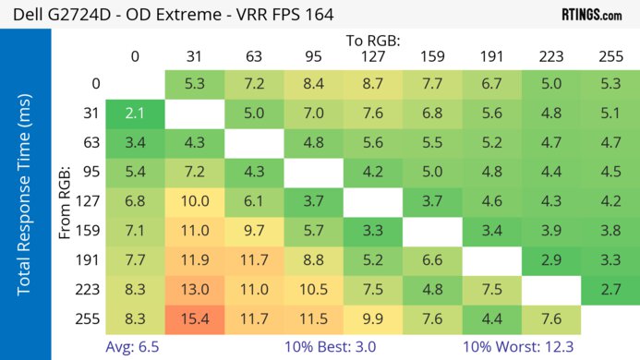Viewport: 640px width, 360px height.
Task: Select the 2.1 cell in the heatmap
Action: (135, 114)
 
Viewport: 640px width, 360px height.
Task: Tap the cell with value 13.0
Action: (195, 289)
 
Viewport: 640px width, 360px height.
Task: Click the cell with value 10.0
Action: (195, 202)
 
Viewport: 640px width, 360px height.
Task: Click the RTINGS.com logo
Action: (591, 15)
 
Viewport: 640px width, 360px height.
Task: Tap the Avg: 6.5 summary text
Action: (134, 346)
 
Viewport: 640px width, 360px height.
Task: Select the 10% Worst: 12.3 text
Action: (523, 346)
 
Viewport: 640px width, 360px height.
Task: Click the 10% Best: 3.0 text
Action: (342, 346)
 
